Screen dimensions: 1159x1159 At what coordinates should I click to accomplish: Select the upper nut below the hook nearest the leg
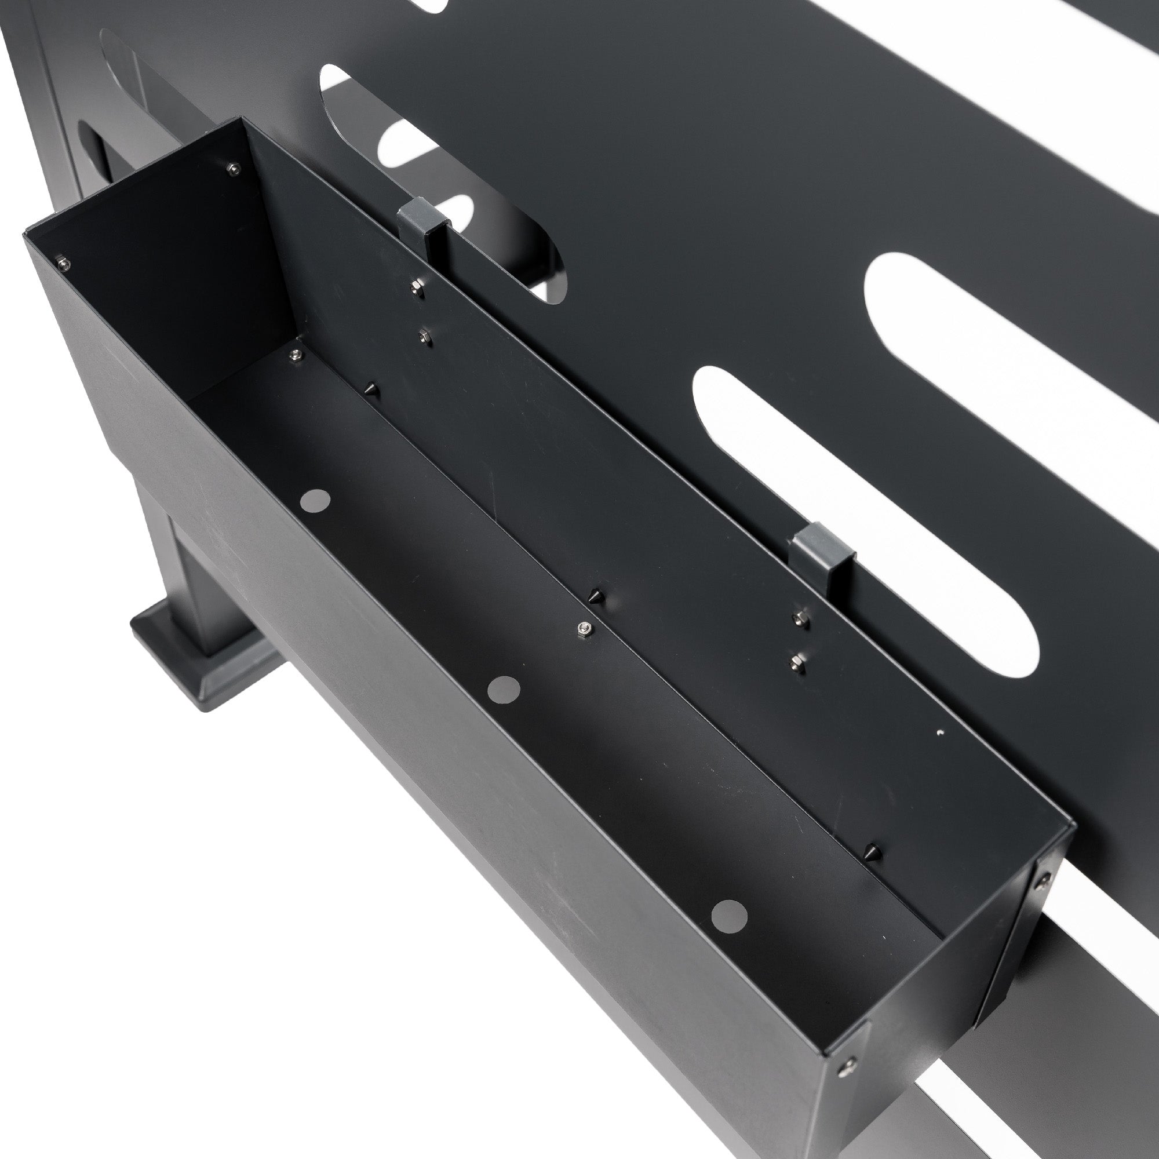[415, 289]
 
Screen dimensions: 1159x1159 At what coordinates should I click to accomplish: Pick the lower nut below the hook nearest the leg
[425, 337]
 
